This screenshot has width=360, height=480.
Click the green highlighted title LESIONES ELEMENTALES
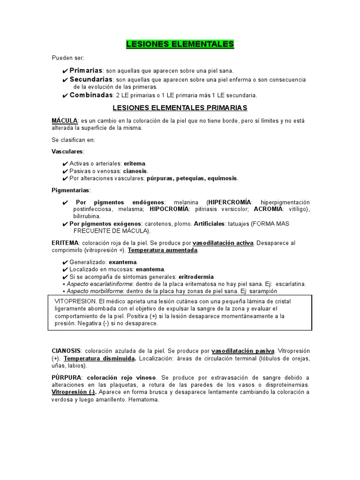pyautogui.click(x=180, y=45)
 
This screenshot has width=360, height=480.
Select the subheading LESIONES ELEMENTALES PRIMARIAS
pyautogui.click(x=180, y=108)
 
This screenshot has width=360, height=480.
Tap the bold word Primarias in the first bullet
pyautogui.click(x=86, y=70)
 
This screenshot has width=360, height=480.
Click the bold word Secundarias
pyautogui.click(x=91, y=79)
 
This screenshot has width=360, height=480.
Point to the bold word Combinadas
pyautogui.click(x=91, y=95)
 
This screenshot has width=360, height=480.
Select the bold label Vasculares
pyautogui.click(x=67, y=151)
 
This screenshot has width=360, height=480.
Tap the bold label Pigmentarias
pyautogui.click(x=70, y=190)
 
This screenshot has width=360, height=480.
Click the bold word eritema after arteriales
pyautogui.click(x=135, y=164)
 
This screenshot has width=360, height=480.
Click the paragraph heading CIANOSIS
pyautogui.click(x=66, y=351)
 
